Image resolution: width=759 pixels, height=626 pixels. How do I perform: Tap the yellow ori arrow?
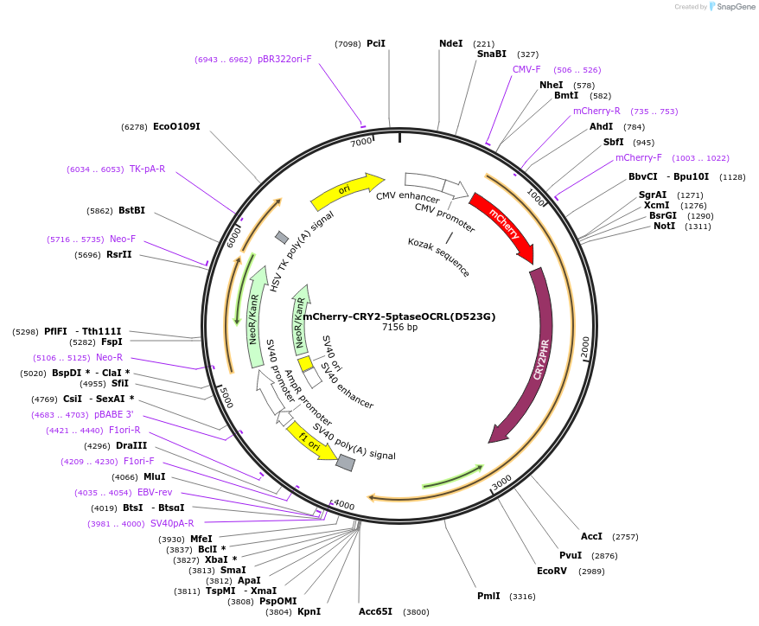(x=346, y=191)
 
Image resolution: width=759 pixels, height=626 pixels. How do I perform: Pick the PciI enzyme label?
(x=376, y=43)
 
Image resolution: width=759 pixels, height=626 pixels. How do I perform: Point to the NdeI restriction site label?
(x=450, y=43)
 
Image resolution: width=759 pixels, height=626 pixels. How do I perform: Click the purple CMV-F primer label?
(x=526, y=69)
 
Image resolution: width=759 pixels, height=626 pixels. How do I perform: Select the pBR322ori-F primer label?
(x=284, y=60)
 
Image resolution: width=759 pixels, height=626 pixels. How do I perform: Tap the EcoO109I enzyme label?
(x=176, y=126)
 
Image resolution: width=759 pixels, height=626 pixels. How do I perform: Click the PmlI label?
(x=488, y=596)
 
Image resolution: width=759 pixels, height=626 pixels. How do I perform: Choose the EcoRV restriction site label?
(x=552, y=571)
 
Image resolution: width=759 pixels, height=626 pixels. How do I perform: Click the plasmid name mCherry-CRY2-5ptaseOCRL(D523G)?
(x=399, y=316)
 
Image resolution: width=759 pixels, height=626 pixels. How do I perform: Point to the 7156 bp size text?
(x=399, y=328)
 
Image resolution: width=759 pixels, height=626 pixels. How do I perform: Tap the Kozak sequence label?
(x=439, y=257)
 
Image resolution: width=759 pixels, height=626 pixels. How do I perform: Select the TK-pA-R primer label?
(x=147, y=169)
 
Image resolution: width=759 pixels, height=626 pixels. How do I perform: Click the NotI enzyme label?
(x=664, y=227)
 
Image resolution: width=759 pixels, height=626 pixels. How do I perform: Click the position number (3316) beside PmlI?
(x=522, y=597)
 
